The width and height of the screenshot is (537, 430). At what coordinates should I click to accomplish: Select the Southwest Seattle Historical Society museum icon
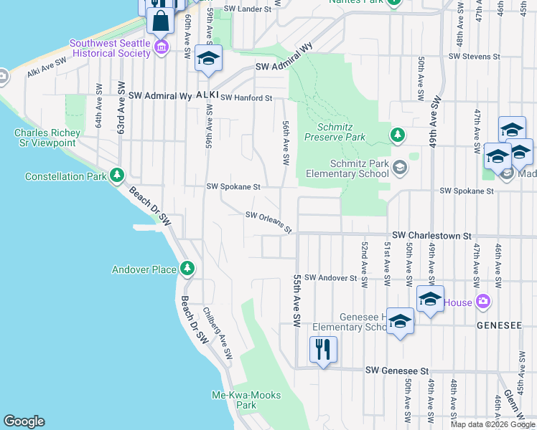click(x=162, y=48)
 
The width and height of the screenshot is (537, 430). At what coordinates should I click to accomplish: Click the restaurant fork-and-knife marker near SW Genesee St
click(x=322, y=350)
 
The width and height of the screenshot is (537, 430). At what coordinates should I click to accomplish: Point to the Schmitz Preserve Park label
click(x=335, y=132)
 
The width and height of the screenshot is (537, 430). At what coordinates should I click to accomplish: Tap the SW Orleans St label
click(x=268, y=221)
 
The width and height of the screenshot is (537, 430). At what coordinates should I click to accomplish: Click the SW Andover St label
click(x=331, y=277)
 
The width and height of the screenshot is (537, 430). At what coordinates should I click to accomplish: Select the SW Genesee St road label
click(x=397, y=371)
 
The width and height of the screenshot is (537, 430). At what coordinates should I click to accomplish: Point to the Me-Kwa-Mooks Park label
click(x=234, y=400)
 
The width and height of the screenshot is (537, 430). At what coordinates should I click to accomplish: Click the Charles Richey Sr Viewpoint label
click(x=45, y=138)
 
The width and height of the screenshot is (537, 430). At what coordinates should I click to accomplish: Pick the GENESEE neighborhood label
click(x=499, y=325)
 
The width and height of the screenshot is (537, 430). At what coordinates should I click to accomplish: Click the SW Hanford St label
click(x=246, y=97)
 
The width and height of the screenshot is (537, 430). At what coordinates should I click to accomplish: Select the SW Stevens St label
click(x=474, y=56)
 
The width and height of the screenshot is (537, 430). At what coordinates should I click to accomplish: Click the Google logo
click(x=24, y=421)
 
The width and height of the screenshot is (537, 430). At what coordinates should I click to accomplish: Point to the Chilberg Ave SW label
click(x=217, y=334)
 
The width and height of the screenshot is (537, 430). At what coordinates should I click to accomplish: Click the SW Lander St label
click(x=248, y=9)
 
